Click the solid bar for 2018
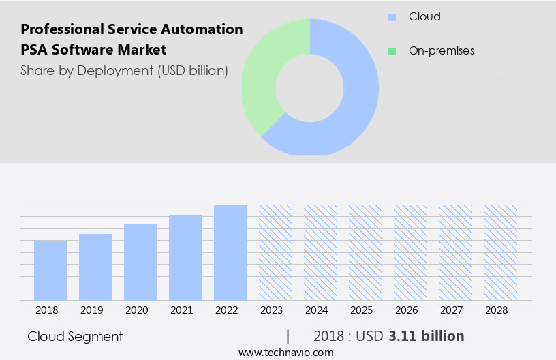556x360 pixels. [x=50, y=270]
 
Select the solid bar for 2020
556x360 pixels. [x=140, y=262]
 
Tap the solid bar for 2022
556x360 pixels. [x=230, y=252]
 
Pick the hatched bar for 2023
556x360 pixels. [x=275, y=252]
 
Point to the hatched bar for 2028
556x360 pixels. [x=500, y=252]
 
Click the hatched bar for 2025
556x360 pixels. [x=365, y=252]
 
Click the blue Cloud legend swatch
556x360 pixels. [x=392, y=17]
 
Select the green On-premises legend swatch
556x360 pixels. [x=392, y=51]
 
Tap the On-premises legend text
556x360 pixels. [x=441, y=51]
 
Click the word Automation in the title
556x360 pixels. [x=205, y=29]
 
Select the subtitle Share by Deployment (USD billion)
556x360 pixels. [x=124, y=70]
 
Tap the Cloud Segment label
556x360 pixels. [x=75, y=336]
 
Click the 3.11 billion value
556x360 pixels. [x=427, y=336]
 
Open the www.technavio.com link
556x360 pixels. [x=285, y=352]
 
